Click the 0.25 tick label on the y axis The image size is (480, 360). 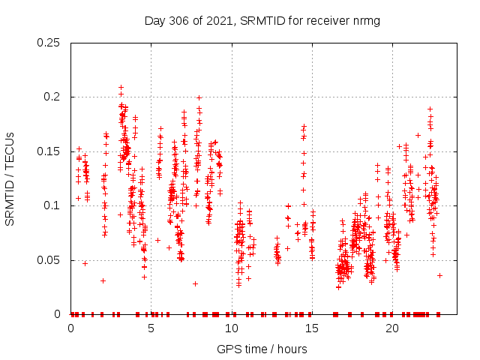pos(51,43)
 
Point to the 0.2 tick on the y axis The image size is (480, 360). pos(54,97)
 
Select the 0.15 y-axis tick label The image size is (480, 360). pos(51,151)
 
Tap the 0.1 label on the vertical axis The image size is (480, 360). pos(54,206)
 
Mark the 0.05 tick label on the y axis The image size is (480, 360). pos(51,260)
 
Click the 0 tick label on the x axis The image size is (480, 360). pos(70,328)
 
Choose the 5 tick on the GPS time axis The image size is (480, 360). pos(151,328)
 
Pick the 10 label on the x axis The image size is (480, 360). pos(231,328)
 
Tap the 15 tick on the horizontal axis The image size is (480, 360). pos(311,328)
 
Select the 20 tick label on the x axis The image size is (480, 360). pos(391,328)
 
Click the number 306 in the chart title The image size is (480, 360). pos(182,20)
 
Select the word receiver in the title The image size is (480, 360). pos(331,20)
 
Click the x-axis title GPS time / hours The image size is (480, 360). pos(262,349)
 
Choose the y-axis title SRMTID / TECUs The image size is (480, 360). pos(10,178)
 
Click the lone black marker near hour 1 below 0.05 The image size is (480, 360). pos(85,262)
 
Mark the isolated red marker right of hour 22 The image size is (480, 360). pos(439,275)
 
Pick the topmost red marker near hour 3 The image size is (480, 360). pos(121,87)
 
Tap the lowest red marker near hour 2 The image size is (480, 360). pos(103,280)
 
